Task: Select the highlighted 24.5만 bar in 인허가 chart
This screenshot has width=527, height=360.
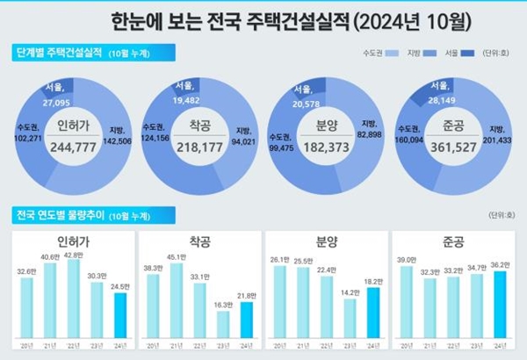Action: (x=119, y=315)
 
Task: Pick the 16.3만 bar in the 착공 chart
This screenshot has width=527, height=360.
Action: (x=223, y=324)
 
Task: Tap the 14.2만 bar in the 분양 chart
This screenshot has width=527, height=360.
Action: (x=349, y=319)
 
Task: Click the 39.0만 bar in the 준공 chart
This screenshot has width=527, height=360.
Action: (x=407, y=301)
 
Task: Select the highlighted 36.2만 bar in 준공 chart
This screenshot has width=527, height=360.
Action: (x=501, y=305)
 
